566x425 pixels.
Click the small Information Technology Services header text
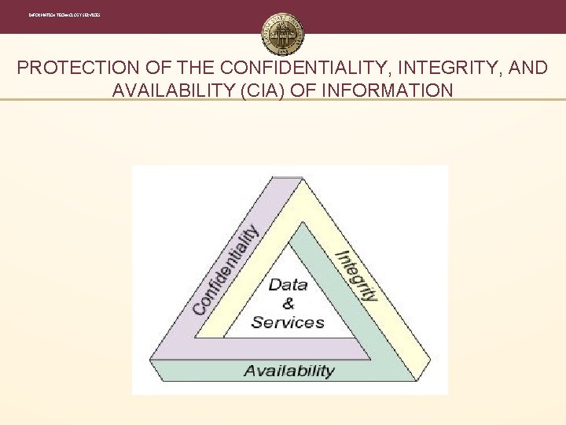pyautogui.click(x=64, y=16)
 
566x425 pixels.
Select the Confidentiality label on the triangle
pyautogui.click(x=226, y=270)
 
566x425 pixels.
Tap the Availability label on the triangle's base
pyautogui.click(x=289, y=371)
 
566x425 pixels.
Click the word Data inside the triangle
pyautogui.click(x=288, y=284)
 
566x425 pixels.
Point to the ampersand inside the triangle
pyautogui.click(x=288, y=303)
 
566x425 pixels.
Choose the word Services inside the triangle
pyautogui.click(x=288, y=322)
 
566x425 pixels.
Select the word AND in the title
pyautogui.click(x=528, y=68)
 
